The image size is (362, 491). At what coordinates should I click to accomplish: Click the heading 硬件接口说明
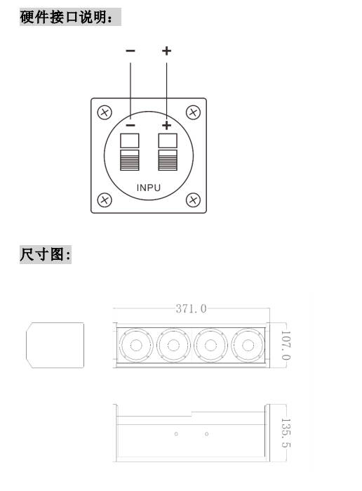[67, 17]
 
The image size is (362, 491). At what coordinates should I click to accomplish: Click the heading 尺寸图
[46, 254]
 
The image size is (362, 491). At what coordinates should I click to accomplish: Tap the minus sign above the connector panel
[130, 51]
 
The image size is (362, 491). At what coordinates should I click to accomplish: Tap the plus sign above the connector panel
[166, 51]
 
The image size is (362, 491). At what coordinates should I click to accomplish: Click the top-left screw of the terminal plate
[105, 112]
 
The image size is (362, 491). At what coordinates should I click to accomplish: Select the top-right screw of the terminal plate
[193, 112]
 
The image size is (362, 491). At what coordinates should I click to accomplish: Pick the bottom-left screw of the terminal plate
[105, 199]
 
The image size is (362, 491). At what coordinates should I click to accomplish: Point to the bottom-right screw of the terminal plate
[193, 199]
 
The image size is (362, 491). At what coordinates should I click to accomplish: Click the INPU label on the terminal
[149, 188]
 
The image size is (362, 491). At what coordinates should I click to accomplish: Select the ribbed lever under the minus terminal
[130, 160]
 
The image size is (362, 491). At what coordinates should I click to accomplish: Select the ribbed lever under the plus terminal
[168, 160]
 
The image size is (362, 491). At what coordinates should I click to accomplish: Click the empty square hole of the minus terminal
[130, 140]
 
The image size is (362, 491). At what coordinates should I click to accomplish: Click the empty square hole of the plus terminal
[168, 140]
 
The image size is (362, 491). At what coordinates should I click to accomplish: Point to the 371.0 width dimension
[191, 309]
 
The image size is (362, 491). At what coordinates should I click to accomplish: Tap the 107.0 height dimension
[286, 346]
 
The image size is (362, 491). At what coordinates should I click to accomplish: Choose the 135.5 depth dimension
[286, 433]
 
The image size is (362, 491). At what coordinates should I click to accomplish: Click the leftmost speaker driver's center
[136, 346]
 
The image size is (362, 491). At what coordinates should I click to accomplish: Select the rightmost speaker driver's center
[248, 346]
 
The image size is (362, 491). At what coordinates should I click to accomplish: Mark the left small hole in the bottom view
[176, 434]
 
